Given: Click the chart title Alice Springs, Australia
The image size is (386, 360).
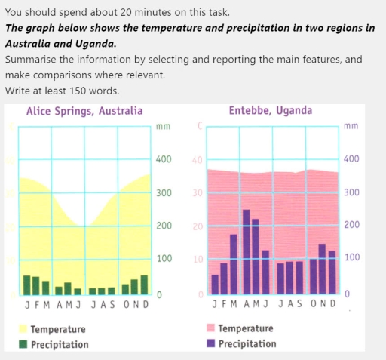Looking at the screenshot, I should click(84, 111).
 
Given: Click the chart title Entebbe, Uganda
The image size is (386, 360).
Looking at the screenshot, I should click(271, 111).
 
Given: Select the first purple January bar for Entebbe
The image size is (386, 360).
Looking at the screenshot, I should click(215, 284).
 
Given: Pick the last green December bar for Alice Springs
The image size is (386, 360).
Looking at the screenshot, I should click(144, 285).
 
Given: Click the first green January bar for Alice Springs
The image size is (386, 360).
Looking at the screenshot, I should click(26, 285).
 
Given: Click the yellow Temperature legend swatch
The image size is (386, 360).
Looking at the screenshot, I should click(23, 329).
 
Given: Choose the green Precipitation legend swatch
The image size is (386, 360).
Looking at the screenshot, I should click(23, 344).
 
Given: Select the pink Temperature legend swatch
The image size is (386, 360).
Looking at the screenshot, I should click(211, 328).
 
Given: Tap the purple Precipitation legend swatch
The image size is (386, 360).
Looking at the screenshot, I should click(211, 343).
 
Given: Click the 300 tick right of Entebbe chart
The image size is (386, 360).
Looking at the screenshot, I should click(351, 192).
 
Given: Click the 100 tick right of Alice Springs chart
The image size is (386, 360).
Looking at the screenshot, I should click(164, 259).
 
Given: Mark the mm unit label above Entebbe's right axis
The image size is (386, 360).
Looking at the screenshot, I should click(350, 126).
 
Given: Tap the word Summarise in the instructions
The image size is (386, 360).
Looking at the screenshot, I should click(31, 59).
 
